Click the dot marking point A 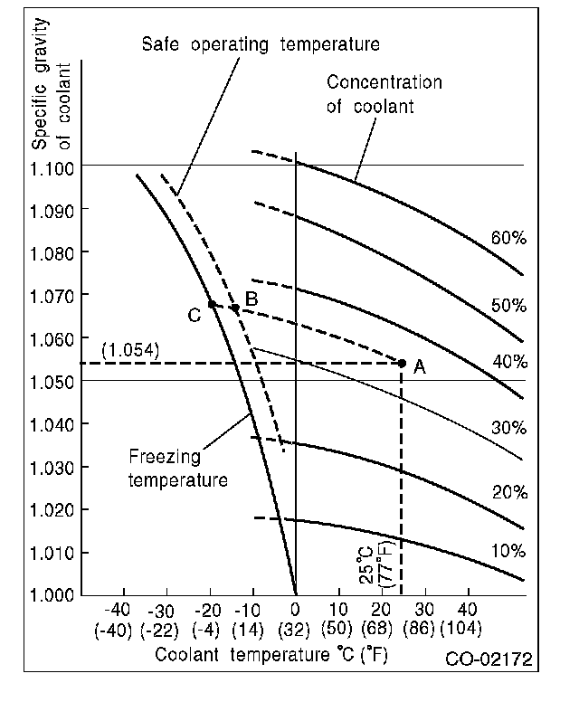[403, 363]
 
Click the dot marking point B [235, 308]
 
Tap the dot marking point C [212, 304]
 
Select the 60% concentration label [508, 238]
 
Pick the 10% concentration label [508, 551]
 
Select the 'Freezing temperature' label [177, 470]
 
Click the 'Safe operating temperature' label [261, 43]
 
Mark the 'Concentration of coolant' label [383, 94]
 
